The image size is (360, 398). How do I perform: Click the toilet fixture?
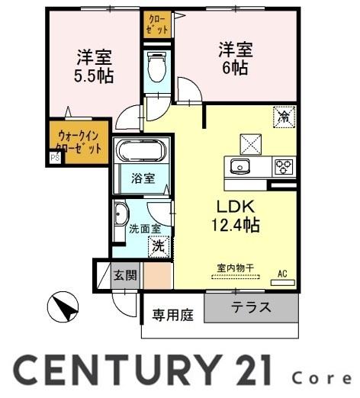click(156, 68)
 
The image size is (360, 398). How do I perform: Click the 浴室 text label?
click(143, 179)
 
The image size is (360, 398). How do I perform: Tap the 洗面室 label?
click(144, 227)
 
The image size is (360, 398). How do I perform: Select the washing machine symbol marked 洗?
click(157, 246)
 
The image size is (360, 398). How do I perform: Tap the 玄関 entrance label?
click(126, 274)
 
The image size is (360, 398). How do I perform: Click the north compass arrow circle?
click(63, 308)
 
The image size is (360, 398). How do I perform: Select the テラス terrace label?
click(249, 309)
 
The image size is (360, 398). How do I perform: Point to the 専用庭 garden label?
click(172, 314)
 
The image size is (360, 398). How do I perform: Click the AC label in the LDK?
click(282, 272)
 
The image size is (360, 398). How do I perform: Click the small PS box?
click(54, 158)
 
